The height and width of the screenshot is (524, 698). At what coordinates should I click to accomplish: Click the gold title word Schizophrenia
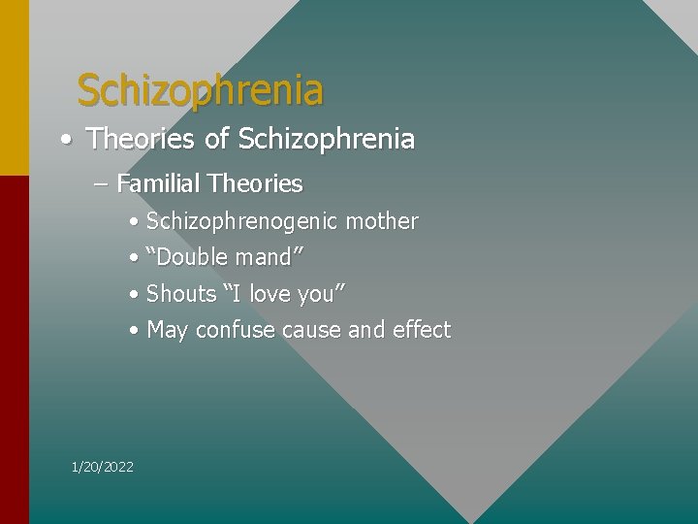tap(200, 90)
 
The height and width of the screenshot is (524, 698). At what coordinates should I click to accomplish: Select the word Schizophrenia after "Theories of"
tap(326, 140)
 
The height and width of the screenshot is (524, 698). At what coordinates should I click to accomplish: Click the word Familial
tap(158, 183)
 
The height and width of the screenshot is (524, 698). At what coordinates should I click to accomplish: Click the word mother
tap(382, 221)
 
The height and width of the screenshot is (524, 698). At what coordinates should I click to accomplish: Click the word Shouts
tap(181, 293)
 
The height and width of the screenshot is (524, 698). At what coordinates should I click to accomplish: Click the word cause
tap(311, 330)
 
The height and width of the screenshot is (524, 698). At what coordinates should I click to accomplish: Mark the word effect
tap(422, 330)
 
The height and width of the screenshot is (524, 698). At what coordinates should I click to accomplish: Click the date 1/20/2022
tap(103, 467)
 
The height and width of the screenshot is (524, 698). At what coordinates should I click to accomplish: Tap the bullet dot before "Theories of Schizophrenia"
tap(63, 140)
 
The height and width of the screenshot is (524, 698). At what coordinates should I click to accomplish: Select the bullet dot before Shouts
tap(133, 294)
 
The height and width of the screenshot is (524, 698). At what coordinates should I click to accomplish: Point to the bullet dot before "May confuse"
tap(133, 331)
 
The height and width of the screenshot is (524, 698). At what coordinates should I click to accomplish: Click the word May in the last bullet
tap(167, 331)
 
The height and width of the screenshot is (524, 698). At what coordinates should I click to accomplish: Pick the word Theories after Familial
tap(255, 183)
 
